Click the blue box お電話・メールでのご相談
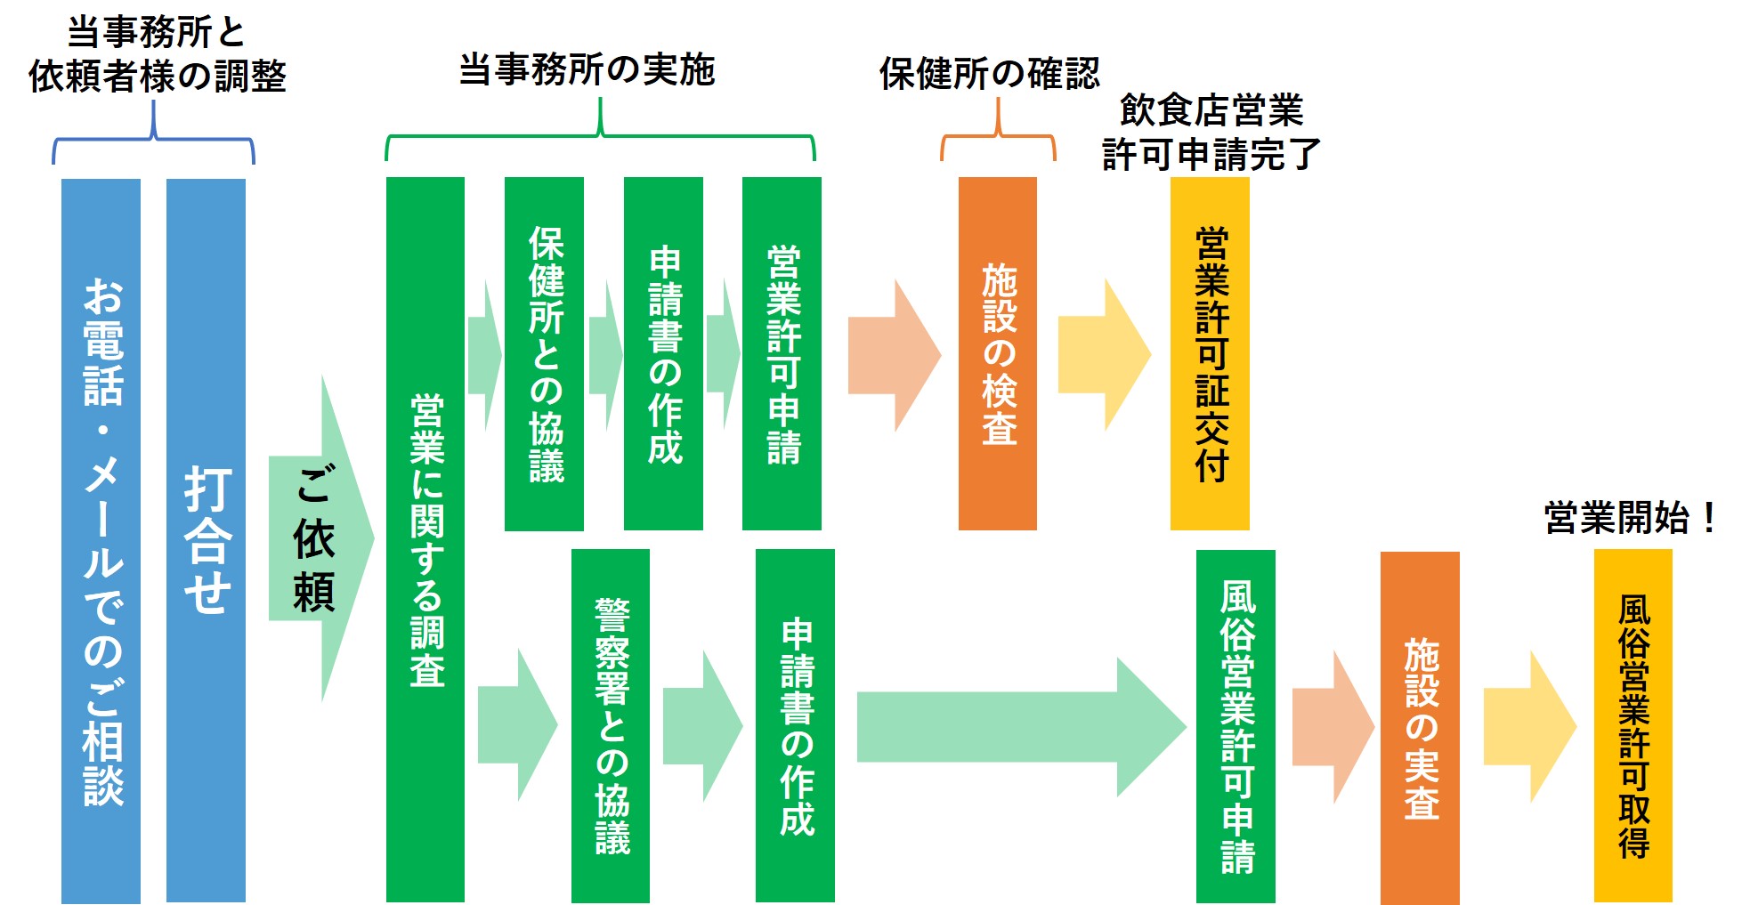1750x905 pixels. click(101, 540)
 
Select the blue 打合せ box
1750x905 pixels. click(206, 540)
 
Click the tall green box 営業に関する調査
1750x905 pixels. click(425, 539)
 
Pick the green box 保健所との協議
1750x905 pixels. click(544, 353)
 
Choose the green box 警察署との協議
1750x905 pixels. click(610, 725)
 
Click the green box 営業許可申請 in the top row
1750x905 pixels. click(782, 353)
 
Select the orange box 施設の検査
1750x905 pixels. click(997, 353)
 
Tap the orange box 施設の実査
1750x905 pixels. click(1420, 727)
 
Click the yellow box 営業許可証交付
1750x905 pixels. click(1210, 353)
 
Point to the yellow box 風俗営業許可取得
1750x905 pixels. click(1633, 725)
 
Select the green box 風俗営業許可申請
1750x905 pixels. click(1236, 725)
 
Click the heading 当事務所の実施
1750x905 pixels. click(587, 69)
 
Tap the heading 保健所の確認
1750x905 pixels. click(989, 73)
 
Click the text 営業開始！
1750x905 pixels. click(1630, 518)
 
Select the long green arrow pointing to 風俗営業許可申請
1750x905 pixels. click(1015, 727)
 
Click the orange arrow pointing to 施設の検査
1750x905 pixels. click(891, 355)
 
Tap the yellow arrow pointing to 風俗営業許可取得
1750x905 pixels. click(1527, 727)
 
